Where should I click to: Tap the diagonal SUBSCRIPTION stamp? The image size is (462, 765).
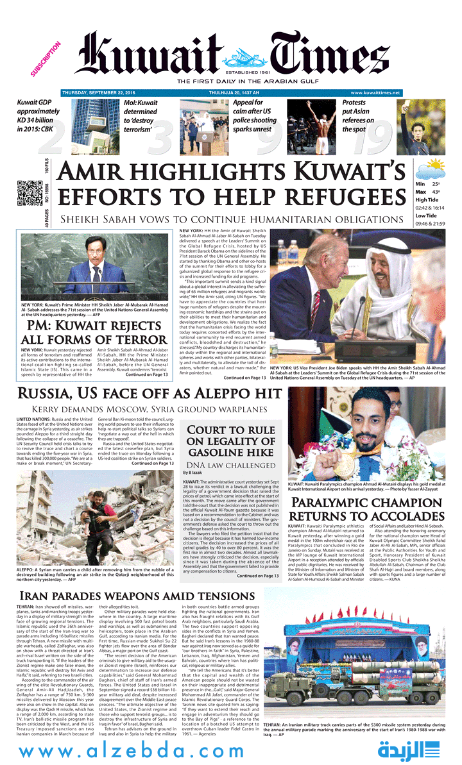click(46, 60)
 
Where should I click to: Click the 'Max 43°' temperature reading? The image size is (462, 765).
click(429, 192)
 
